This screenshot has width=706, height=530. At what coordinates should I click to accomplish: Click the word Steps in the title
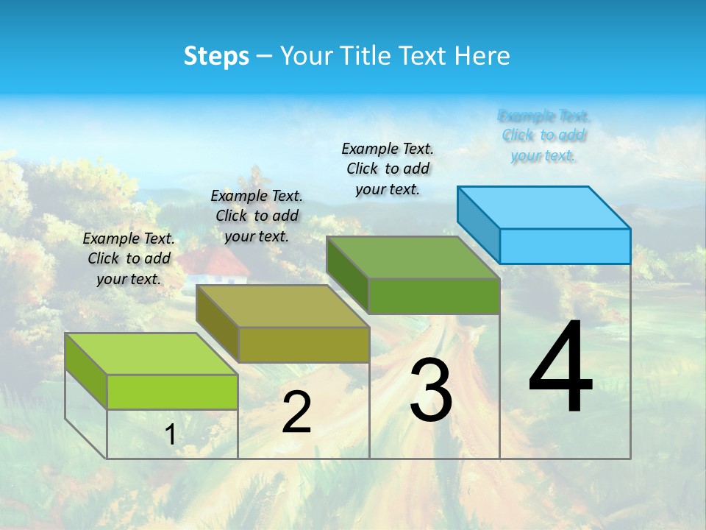click(x=216, y=56)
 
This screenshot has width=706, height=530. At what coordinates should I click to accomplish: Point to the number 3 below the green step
click(x=431, y=389)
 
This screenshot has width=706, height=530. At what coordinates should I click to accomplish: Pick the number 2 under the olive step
click(x=296, y=413)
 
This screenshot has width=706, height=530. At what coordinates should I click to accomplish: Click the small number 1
click(x=171, y=435)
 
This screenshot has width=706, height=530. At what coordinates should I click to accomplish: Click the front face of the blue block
click(x=565, y=246)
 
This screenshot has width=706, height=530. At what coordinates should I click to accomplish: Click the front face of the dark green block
click(x=434, y=297)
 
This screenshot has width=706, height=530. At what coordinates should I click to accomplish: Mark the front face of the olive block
click(x=303, y=344)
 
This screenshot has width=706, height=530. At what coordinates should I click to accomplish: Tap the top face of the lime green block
click(x=151, y=354)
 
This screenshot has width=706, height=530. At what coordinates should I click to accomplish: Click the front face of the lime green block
click(x=172, y=392)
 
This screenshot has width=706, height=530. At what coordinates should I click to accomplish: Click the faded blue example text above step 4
click(x=543, y=135)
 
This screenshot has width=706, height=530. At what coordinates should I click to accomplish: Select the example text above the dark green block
click(x=388, y=169)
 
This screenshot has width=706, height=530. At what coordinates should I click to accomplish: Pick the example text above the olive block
click(x=257, y=216)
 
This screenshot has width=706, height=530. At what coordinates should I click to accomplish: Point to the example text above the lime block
click(x=129, y=258)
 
